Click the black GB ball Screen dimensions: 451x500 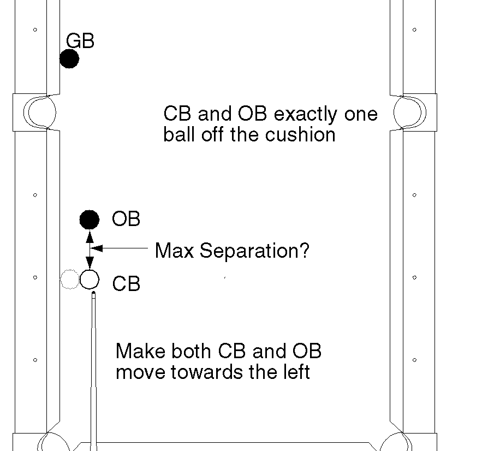pyautogui.click(x=69, y=58)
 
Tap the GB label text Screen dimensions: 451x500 pyautogui.click(x=80, y=40)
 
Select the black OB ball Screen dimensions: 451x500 pyautogui.click(x=90, y=219)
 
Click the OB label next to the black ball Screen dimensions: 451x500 pyautogui.click(x=126, y=219)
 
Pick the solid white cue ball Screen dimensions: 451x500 pyautogui.click(x=90, y=280)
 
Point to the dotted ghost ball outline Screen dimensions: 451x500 pyautogui.click(x=69, y=280)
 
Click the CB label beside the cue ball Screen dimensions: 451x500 pyautogui.click(x=126, y=284)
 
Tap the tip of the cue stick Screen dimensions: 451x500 pyautogui.click(x=94, y=294)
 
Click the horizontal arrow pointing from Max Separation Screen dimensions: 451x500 pyautogui.click(x=120, y=248)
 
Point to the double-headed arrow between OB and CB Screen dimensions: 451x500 pyautogui.click(x=90, y=250)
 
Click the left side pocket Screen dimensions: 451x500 pyautogui.click(x=39, y=112)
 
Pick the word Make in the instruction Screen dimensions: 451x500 pyautogui.click(x=138, y=351)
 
